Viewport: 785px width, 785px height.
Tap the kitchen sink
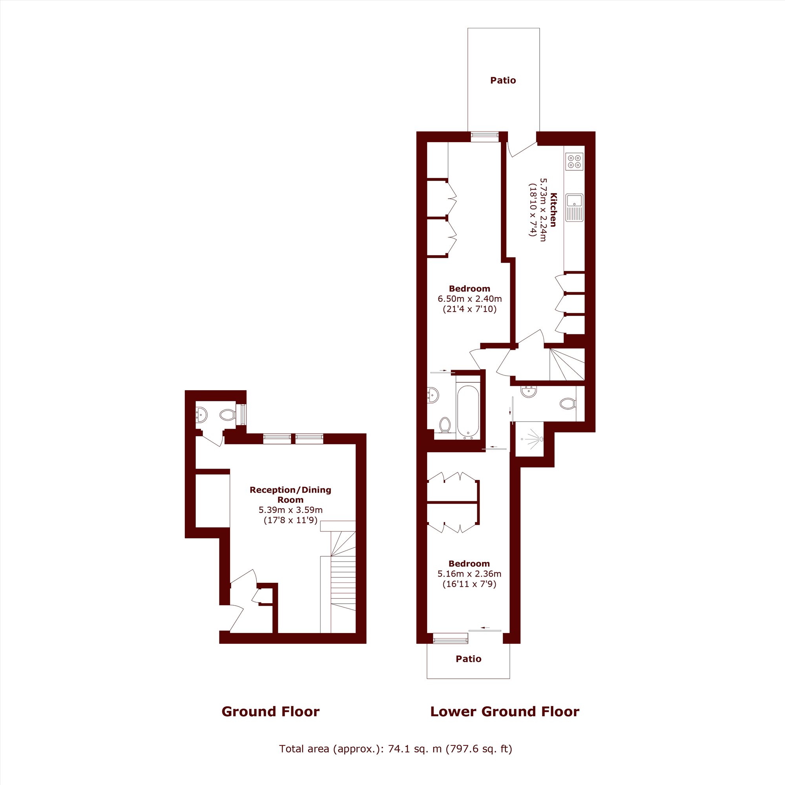coord(575,207)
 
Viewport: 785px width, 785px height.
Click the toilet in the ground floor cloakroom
coord(228,415)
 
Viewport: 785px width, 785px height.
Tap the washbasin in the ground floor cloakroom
coord(201,415)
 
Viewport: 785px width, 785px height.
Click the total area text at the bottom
coord(395,748)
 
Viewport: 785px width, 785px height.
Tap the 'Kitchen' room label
coord(553,210)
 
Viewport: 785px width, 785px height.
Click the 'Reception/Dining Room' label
coord(290,495)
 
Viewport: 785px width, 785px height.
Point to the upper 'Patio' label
coord(503,80)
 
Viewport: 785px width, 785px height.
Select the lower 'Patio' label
coord(469,659)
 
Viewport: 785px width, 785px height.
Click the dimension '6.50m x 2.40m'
coord(470,299)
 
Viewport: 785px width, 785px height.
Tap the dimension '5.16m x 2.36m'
coord(469,574)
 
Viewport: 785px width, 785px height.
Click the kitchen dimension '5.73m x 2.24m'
coord(543,210)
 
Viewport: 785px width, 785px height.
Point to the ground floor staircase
coord(338,577)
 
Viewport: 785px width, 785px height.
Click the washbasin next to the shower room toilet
coord(529,391)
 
